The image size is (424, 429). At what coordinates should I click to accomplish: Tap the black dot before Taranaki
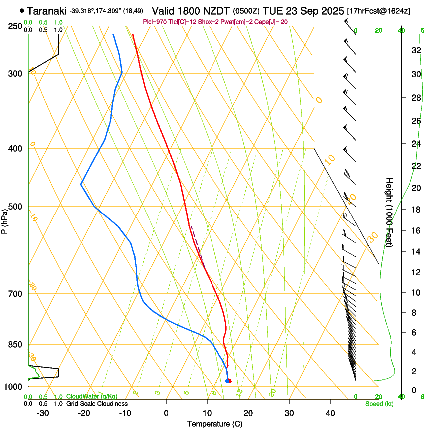[22, 10]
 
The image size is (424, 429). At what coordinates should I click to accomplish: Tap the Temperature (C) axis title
[214, 424]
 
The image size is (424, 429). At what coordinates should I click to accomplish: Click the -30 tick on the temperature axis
[42, 413]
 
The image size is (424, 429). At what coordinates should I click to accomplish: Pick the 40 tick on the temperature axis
[330, 413]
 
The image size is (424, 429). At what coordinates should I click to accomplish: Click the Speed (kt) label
[379, 404]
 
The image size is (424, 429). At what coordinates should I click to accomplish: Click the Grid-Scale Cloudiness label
[97, 404]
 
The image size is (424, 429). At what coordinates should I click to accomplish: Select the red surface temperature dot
[229, 381]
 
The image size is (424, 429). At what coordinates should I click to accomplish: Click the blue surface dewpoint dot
[227, 381]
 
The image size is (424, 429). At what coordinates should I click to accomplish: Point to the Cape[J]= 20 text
[274, 22]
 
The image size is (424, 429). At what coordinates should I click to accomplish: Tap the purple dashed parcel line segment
[196, 244]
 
